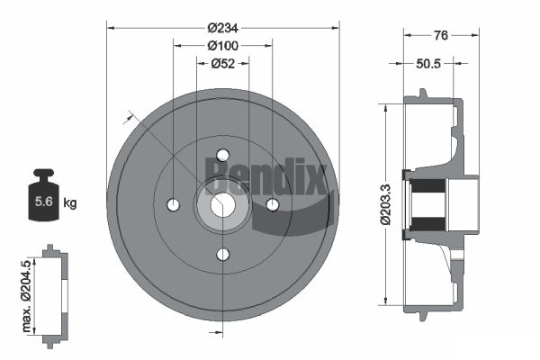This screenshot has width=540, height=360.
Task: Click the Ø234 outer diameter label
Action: pos(223,28)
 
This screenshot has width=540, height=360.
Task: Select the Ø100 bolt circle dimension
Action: pos(223,46)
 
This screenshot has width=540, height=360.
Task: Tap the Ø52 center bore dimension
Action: pos(223,63)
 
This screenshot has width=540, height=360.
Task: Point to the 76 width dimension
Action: pos(441,35)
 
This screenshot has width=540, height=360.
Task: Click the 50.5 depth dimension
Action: pos(428,64)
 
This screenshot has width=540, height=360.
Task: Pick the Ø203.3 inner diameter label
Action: pos(386,204)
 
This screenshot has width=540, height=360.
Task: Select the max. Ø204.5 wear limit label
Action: pos(26,296)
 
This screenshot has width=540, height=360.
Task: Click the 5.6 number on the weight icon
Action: pos(44,202)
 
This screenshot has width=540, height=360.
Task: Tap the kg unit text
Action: pos(70,202)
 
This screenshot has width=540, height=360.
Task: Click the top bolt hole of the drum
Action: pos(223,155)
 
